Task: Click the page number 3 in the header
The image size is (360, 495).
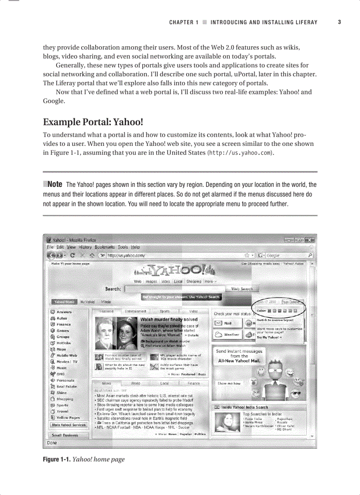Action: [x=339, y=22]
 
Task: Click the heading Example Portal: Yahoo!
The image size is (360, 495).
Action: [x=93, y=122]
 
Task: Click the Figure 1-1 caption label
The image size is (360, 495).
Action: [x=56, y=459]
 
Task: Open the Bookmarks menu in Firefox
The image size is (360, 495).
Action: [x=105, y=247]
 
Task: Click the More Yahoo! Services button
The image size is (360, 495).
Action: [x=69, y=425]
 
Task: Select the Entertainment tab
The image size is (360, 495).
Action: [x=135, y=311]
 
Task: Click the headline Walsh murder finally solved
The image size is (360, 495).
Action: [x=169, y=319]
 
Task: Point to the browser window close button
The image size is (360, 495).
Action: [x=310, y=240]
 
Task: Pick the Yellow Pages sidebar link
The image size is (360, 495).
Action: [x=67, y=417]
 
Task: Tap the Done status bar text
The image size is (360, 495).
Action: [x=52, y=443]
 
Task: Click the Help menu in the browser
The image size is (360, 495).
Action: [x=135, y=247]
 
